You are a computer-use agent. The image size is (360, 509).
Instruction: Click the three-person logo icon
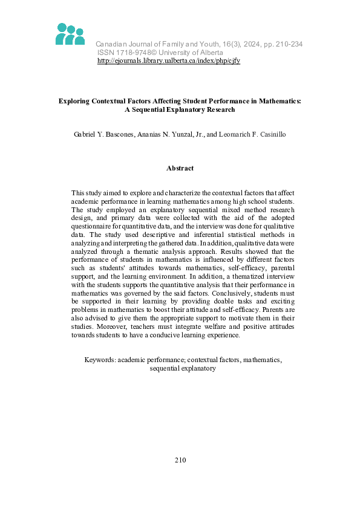coord(70,34)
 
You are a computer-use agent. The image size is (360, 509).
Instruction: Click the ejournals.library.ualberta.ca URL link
coord(169,61)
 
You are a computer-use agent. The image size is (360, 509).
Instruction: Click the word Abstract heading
coord(180,168)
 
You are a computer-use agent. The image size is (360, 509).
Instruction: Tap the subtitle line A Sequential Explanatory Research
coord(180,110)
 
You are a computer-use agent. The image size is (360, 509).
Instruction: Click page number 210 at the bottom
coord(180,460)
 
